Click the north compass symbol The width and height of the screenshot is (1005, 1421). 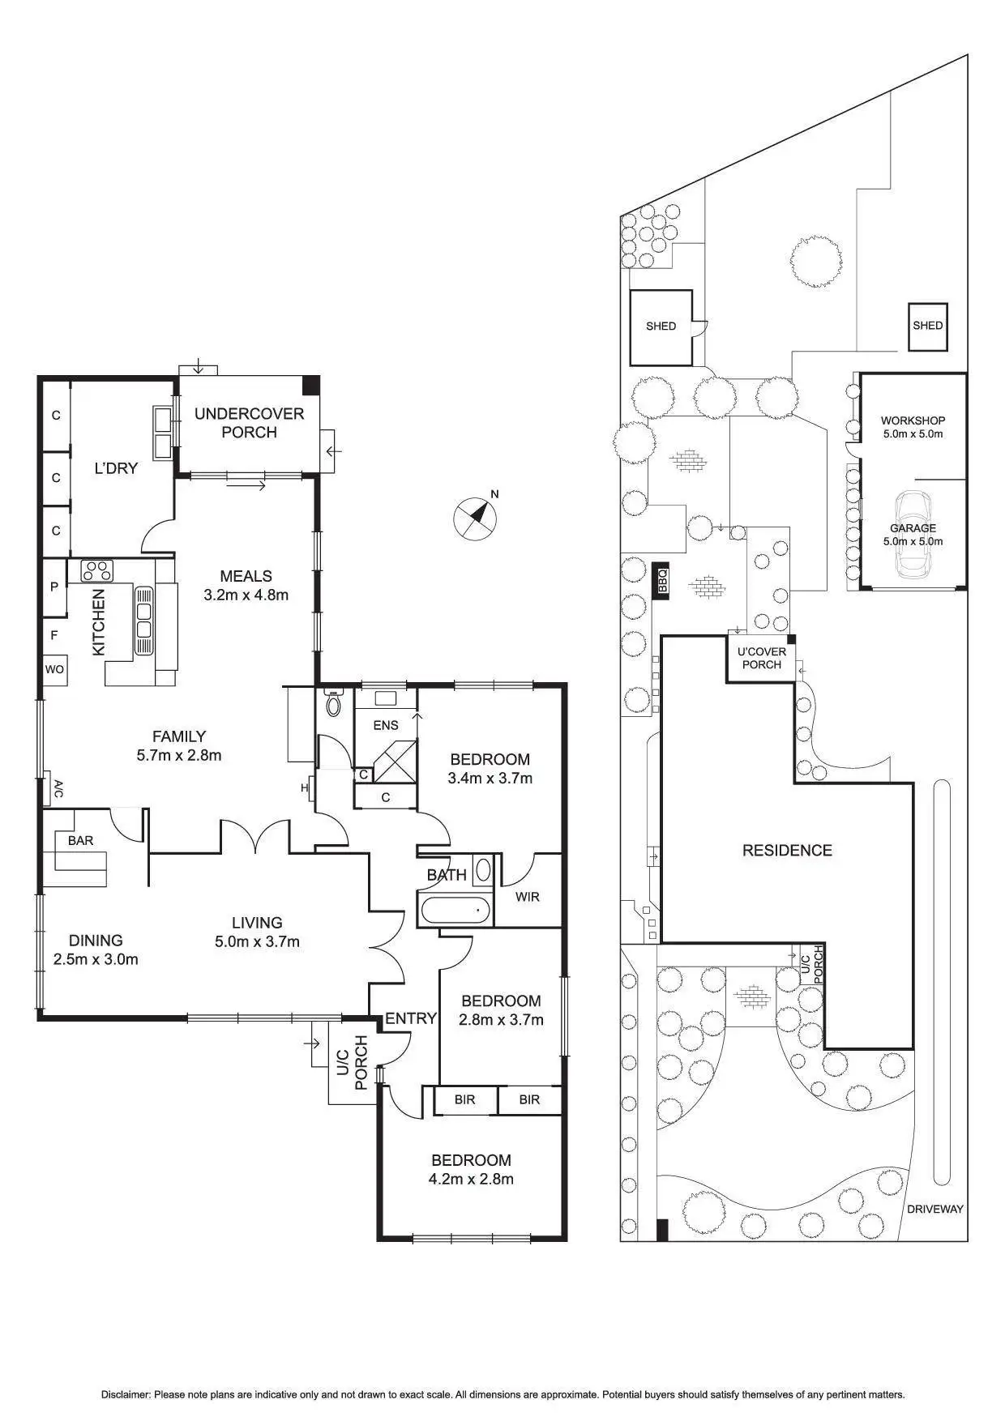(474, 518)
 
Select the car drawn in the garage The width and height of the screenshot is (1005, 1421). (913, 531)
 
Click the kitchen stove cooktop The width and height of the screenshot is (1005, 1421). (96, 570)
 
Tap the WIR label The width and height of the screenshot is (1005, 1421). (527, 897)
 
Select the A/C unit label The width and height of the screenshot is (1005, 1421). (58, 790)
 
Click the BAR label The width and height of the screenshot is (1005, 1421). (80, 841)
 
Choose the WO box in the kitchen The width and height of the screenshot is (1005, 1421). (54, 669)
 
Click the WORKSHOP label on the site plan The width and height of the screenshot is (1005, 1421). (913, 420)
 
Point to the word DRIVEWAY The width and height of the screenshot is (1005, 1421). (934, 1209)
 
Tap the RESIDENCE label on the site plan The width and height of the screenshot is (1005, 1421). (787, 850)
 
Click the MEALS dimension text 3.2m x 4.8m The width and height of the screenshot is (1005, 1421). (246, 595)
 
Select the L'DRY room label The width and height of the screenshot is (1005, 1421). (116, 468)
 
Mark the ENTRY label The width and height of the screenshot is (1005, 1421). (410, 1018)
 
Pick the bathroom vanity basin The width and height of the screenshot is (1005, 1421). (483, 871)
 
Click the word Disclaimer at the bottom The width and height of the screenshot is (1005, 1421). (125, 1394)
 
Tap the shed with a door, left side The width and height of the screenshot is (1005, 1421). (661, 326)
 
